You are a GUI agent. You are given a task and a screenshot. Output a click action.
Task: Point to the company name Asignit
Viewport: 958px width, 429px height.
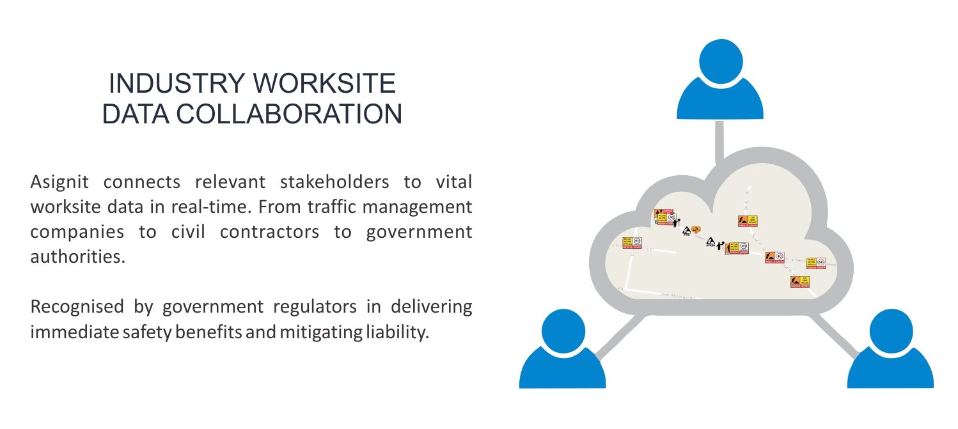[x=58, y=182]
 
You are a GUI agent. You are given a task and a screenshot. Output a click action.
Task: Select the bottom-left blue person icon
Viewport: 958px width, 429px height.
[x=562, y=352]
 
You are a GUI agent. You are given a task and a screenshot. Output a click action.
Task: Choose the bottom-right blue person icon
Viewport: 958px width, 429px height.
[x=890, y=352]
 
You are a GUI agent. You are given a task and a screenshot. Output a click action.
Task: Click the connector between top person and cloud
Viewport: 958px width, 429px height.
[x=719, y=139]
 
